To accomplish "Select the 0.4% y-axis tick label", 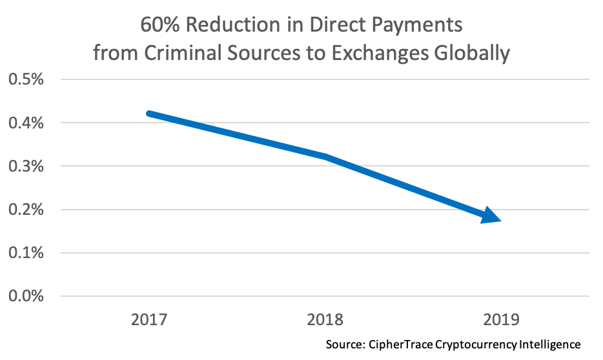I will pyautogui.click(x=25, y=123).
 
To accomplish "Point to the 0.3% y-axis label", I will pyautogui.click(x=25, y=166).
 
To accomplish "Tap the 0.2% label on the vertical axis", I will pyautogui.click(x=25, y=209).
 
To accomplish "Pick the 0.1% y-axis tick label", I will pyautogui.click(x=25, y=253).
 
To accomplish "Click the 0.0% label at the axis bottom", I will pyautogui.click(x=25, y=296).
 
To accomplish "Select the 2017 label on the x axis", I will pyautogui.click(x=149, y=319).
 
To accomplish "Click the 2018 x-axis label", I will pyautogui.click(x=325, y=319).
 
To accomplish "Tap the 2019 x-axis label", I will pyautogui.click(x=502, y=319).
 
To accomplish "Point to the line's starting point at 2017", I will pyautogui.click(x=149, y=114).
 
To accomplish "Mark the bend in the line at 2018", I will pyautogui.click(x=325, y=157).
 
